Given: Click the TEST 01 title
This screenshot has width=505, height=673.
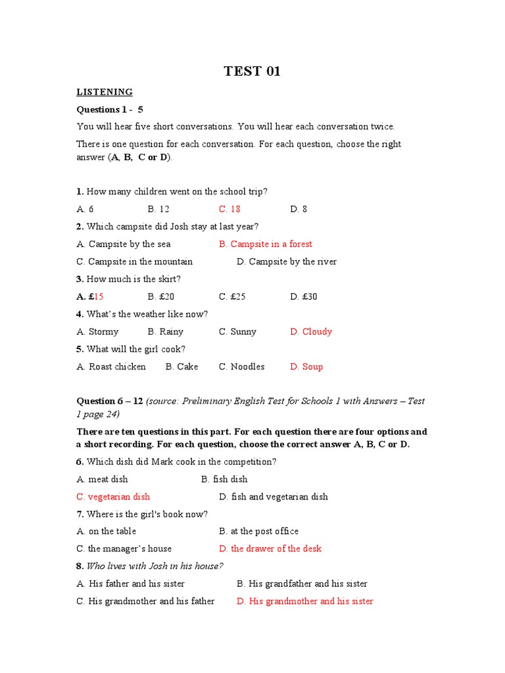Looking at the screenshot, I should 252,72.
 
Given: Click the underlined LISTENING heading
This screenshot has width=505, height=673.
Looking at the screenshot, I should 105,92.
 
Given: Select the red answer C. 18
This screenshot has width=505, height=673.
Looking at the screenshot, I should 229,209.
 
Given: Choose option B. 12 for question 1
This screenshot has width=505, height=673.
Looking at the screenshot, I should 158,209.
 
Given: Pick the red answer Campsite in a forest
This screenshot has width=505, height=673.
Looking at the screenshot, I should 266,244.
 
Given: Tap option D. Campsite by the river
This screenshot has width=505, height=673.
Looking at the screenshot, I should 286,262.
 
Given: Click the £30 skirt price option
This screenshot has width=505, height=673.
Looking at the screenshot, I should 304,296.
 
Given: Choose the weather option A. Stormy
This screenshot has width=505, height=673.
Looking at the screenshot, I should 97,332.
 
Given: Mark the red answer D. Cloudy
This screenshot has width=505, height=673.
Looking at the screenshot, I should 311,332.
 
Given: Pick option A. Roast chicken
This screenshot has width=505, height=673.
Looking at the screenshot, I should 111,367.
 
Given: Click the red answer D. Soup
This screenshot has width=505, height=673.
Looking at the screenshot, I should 306,367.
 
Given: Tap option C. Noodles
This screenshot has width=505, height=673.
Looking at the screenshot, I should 241,367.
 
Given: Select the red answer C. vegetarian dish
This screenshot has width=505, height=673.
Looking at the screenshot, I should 113,497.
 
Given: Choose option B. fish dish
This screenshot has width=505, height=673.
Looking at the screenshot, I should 224,479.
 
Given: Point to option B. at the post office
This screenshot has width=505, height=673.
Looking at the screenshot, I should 258,531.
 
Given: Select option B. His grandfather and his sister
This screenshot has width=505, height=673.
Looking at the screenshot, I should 302,584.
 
